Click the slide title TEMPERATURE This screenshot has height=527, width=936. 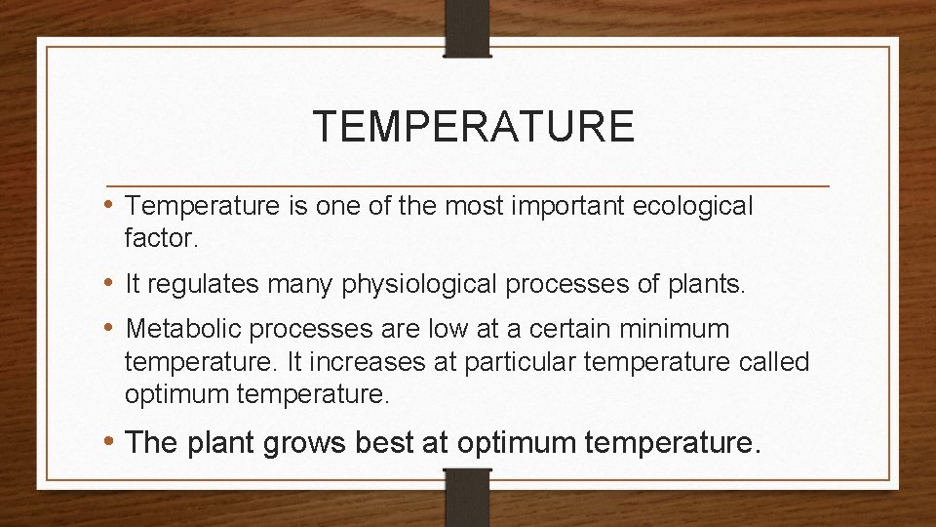click(x=473, y=127)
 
